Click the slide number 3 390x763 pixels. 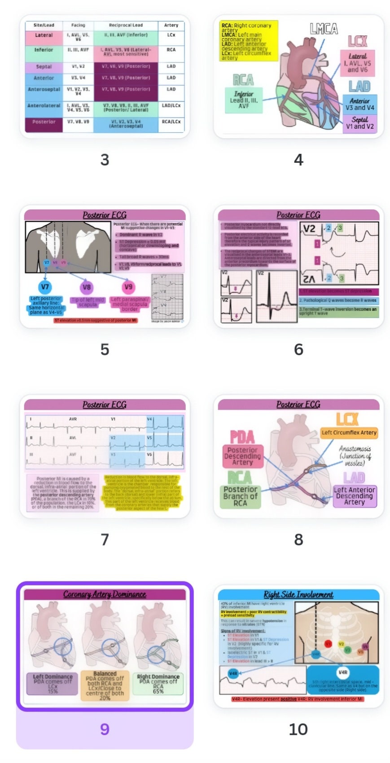coord(105,160)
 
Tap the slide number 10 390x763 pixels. coord(298,729)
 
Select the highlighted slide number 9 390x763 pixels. coord(105,729)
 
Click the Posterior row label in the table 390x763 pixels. coord(44,122)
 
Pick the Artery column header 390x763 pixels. coord(171,25)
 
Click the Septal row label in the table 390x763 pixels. coord(44,67)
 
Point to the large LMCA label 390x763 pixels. coord(324,30)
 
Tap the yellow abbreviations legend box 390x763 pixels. coord(249,41)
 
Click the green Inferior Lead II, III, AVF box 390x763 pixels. coord(244,100)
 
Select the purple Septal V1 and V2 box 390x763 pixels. coord(359,123)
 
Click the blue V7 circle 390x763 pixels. coord(45,287)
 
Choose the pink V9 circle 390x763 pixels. coord(128,287)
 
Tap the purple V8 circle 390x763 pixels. coord(87,287)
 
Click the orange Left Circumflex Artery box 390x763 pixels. coord(349,432)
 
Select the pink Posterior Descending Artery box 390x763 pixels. coord(242,456)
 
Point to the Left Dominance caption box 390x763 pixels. coord(53,684)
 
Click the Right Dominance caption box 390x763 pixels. coord(158,684)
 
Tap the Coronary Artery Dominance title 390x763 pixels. coord(105,594)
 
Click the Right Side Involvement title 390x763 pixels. coord(298,595)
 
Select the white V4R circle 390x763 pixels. coord(343,672)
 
